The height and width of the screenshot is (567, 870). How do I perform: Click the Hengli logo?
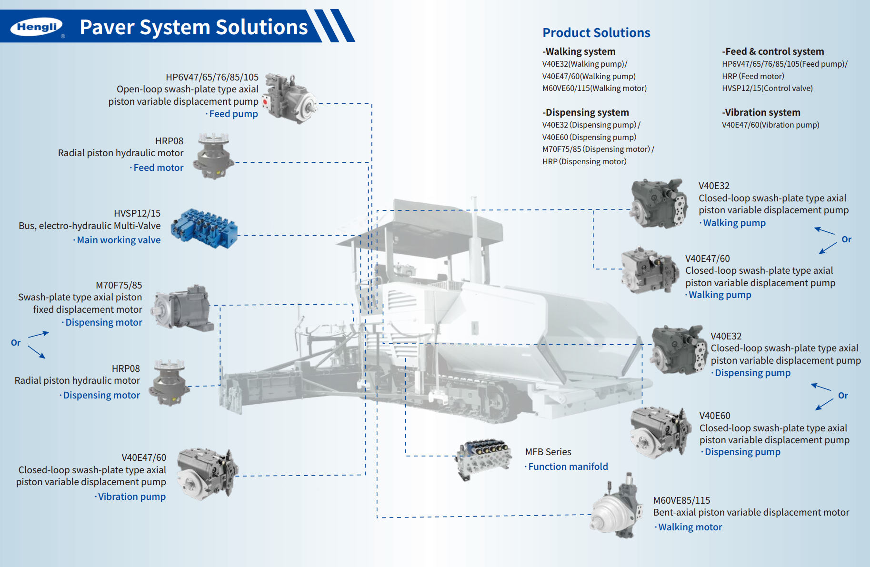[37, 27]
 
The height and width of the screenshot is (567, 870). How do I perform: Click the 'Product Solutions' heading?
[596, 33]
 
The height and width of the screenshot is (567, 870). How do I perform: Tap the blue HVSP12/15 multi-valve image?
[204, 228]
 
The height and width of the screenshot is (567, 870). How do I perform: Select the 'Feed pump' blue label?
[233, 114]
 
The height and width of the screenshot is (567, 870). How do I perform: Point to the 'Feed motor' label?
[158, 168]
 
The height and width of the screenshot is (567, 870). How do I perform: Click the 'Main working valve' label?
[119, 240]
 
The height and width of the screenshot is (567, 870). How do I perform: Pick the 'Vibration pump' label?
[131, 497]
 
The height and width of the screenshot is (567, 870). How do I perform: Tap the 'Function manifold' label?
[568, 467]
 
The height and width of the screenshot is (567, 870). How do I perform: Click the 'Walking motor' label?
[690, 527]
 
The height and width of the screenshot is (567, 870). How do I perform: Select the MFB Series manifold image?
[482, 458]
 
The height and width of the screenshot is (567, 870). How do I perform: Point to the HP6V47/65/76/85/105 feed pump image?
[290, 98]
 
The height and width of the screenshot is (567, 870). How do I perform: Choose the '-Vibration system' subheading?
[761, 113]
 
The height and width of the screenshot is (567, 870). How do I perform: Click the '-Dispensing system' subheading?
[585, 113]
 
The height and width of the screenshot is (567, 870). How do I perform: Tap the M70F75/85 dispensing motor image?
[183, 308]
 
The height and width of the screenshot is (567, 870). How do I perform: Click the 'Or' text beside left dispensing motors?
[16, 343]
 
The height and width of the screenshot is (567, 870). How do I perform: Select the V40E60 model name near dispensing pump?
[714, 416]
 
